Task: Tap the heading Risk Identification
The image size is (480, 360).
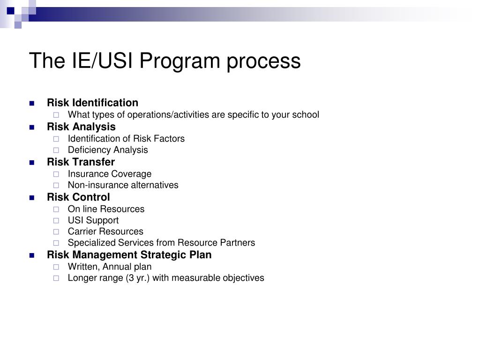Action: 92,103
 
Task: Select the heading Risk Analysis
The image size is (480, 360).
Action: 81,127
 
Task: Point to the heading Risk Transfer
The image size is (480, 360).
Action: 81,162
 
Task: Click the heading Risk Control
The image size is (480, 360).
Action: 78,197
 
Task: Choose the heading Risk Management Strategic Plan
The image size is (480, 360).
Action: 129,255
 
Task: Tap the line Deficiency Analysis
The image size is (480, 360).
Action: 107,150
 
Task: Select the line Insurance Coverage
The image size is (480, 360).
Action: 109,174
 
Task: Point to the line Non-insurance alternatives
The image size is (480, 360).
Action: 123,185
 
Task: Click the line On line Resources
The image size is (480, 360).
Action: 106,209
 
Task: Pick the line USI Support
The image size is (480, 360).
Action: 93,220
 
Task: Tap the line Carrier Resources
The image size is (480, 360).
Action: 105,232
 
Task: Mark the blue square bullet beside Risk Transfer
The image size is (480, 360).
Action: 32,162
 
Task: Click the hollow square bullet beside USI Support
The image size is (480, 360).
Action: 56,220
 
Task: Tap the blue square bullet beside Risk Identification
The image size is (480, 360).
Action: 32,103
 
